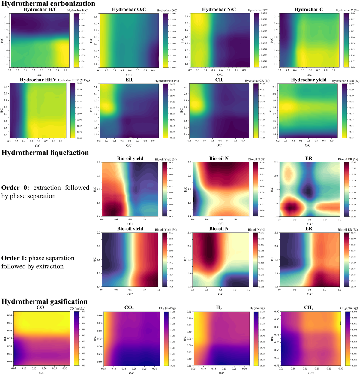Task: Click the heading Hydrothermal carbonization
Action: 48,4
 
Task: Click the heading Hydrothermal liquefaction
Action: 45,153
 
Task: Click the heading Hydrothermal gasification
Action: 44,301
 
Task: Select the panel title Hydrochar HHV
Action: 38,80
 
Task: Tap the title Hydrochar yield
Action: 309,80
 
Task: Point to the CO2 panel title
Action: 129,308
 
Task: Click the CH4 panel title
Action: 309,308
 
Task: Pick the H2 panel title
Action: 219,308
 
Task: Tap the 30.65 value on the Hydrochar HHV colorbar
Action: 79,84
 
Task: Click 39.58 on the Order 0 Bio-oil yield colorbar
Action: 171,162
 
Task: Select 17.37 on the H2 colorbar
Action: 262,312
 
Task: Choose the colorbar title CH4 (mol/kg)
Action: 349,308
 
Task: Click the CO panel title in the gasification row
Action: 40,308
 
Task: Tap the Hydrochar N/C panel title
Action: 219,9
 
